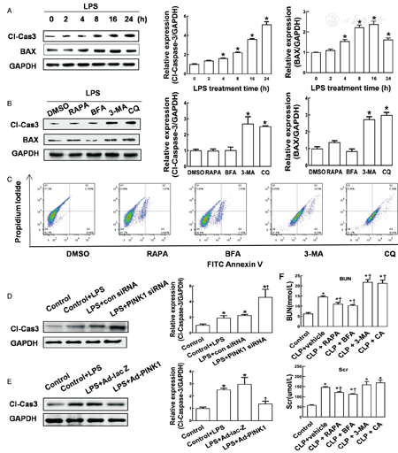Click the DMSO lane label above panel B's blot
[53, 112]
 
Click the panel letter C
[7, 180]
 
